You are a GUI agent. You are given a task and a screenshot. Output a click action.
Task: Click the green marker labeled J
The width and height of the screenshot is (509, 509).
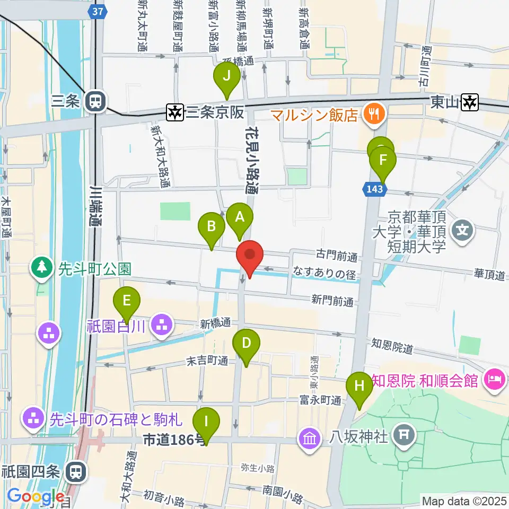(227, 76)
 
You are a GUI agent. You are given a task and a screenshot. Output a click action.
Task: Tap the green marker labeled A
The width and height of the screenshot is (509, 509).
(240, 216)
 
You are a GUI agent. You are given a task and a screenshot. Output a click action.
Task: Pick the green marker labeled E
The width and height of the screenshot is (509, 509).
(127, 301)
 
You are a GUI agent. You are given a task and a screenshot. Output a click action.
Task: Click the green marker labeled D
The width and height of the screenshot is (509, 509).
(246, 343)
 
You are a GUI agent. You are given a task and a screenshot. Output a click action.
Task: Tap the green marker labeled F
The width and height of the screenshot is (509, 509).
(383, 160)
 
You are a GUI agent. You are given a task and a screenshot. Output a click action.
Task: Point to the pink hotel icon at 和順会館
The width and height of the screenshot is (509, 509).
(495, 380)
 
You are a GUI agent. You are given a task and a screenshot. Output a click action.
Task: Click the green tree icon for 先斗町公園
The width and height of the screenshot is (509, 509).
(41, 269)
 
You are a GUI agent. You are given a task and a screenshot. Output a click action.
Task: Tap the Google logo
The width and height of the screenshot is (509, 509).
(36, 496)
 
